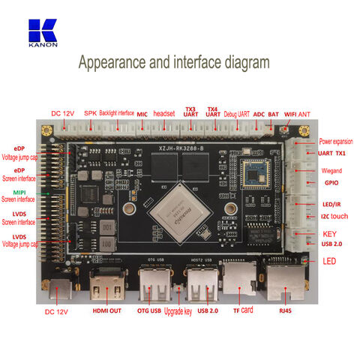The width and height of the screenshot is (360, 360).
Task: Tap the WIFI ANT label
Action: click(298, 113)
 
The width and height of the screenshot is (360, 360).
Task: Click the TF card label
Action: click(241, 310)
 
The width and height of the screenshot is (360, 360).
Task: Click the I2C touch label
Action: click(334, 216)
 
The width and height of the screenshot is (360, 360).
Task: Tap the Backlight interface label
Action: click(116, 113)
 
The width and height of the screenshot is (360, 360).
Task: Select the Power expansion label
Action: click(337, 141)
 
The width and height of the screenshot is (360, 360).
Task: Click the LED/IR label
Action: click(332, 205)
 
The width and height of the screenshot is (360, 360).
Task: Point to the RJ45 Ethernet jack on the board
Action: click(285, 281)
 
